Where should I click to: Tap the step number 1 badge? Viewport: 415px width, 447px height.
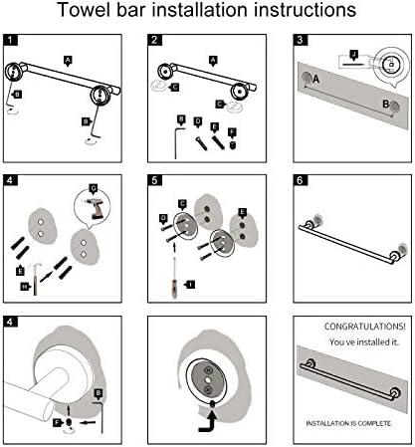pos(11,40)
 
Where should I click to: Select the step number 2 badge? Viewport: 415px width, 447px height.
pos(154,40)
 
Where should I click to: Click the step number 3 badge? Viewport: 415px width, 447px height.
pos(301,40)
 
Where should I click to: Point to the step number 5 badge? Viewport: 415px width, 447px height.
pos(154,180)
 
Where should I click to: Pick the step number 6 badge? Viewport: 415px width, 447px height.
pos(301,180)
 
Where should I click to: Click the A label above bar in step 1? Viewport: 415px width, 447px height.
pos(68,61)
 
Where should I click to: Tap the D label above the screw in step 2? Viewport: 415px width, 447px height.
pos(198,121)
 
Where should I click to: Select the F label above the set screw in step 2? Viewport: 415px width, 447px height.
pos(232,132)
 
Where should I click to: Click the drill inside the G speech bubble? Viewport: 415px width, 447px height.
pos(95,208)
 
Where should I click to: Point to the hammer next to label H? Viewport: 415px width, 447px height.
pos(35,278)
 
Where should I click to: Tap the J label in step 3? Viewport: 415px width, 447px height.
pos(354,55)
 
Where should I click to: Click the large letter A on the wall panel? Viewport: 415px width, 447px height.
pos(315,80)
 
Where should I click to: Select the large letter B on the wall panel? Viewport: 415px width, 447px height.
pos(385,105)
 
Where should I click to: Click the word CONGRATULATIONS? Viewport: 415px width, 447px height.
pos(364,327)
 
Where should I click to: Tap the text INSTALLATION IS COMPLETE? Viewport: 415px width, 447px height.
pos(348,423)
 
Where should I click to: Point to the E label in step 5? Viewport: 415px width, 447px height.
pos(243,213)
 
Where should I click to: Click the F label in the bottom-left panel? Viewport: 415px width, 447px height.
pos(58,423)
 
